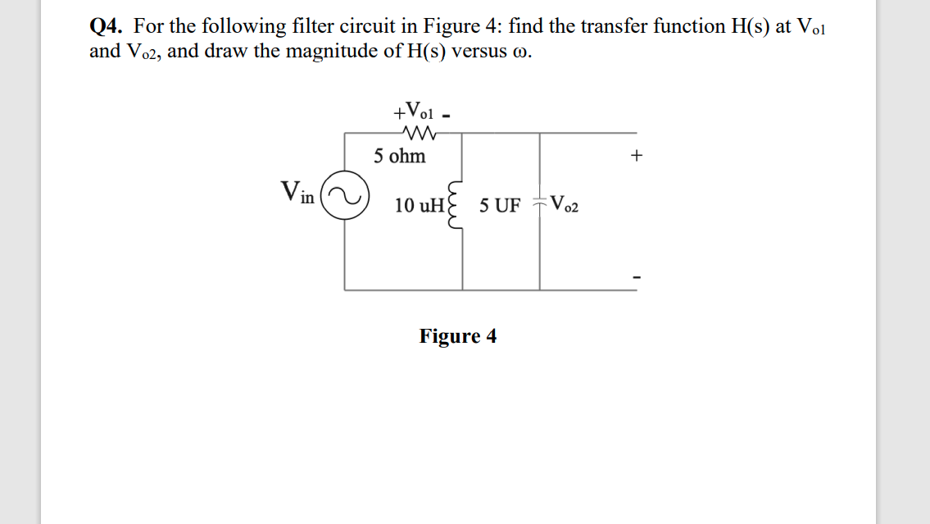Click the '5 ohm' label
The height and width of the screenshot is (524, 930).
coord(400,156)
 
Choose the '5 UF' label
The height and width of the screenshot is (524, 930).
coord(500,205)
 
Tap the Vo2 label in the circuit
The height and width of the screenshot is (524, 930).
coord(565,204)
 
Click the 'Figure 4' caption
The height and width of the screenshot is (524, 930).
coord(457,336)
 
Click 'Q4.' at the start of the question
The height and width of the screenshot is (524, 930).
coord(107,26)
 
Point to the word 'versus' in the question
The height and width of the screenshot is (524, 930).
coord(482,52)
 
